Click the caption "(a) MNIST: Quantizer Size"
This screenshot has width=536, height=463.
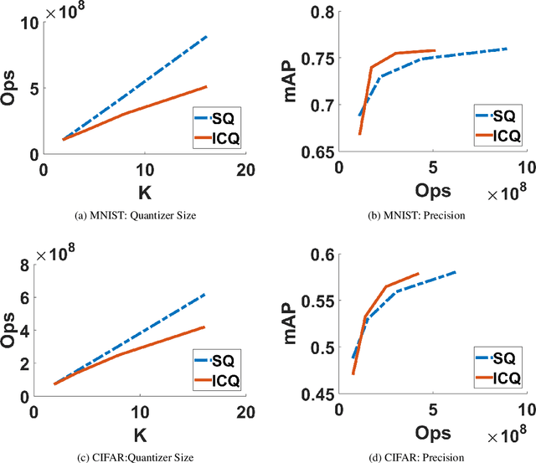(135, 214)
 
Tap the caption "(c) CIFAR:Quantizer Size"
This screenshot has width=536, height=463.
(135, 456)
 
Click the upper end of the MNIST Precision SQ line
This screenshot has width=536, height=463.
(508, 49)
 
